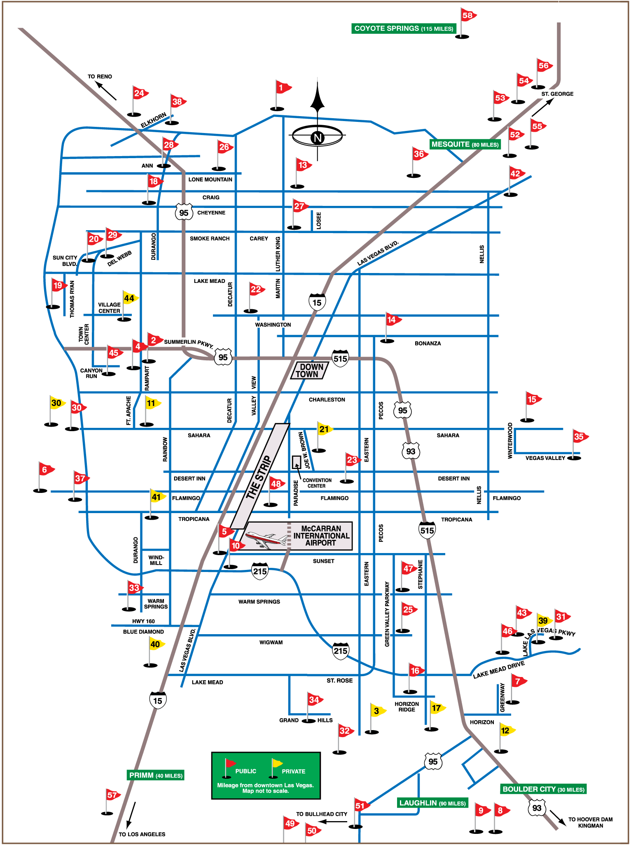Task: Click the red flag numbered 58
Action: (x=467, y=16)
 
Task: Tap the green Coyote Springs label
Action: (x=403, y=28)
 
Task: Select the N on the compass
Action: (x=317, y=138)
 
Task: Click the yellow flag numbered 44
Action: (x=129, y=298)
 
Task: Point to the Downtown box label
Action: (x=309, y=371)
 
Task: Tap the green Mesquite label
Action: (x=465, y=145)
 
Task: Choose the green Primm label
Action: (x=156, y=775)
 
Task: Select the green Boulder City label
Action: (x=543, y=789)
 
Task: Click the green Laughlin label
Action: (x=432, y=803)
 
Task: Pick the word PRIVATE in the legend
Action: (x=293, y=771)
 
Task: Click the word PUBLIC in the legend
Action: (x=245, y=771)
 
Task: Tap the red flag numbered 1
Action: (x=282, y=87)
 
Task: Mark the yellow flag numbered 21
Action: (x=324, y=429)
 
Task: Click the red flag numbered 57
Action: (x=112, y=795)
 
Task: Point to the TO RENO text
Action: (x=100, y=77)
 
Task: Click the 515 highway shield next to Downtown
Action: (x=340, y=359)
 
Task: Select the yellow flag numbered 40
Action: (x=155, y=644)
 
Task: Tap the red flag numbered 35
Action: (x=579, y=437)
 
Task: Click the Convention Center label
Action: (x=317, y=483)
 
